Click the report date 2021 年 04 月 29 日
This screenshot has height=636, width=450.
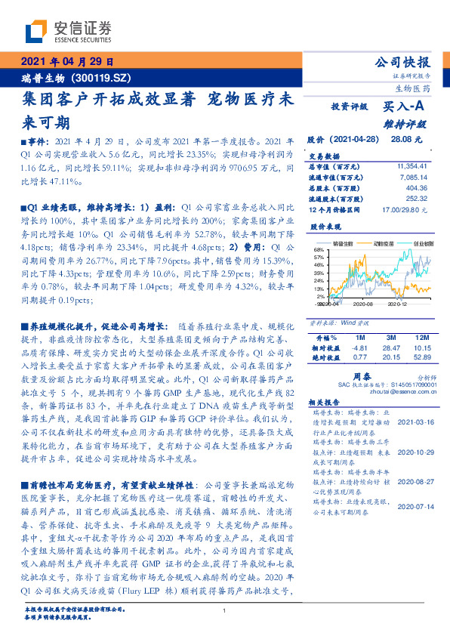[x=66, y=63]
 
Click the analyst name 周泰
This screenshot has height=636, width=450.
[x=361, y=374]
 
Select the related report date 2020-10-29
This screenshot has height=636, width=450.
[x=415, y=452]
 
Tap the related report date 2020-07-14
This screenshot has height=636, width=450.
[x=415, y=508]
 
